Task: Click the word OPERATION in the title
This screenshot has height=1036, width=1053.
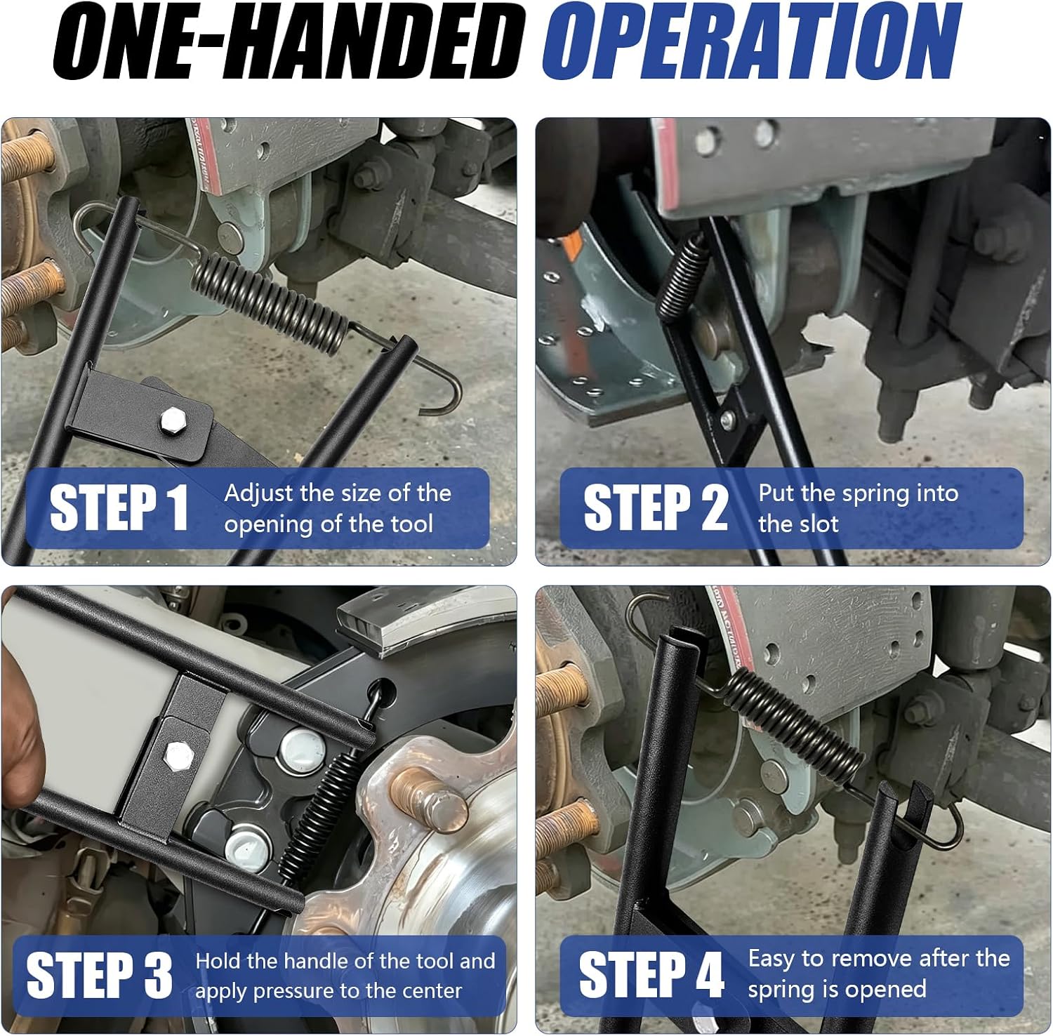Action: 752,42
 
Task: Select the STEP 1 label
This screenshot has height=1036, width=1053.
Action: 120,507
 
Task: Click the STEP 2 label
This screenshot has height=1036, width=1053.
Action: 656,507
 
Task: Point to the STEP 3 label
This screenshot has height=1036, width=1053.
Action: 100,975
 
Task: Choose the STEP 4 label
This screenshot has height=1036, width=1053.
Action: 651,974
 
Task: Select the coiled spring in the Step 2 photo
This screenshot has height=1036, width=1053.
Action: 683,277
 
